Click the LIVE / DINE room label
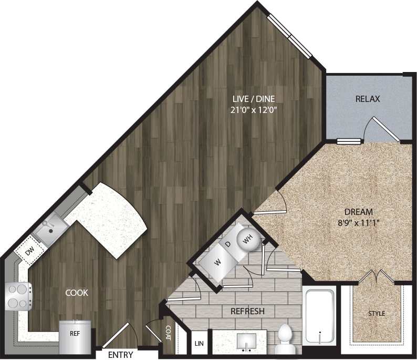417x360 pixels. (x=254, y=98)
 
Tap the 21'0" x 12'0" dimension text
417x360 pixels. (x=254, y=110)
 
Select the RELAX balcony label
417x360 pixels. (x=367, y=98)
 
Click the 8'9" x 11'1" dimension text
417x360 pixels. (x=359, y=222)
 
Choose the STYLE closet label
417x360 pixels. (x=376, y=314)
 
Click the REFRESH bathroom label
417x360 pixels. (x=247, y=311)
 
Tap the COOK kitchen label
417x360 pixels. (x=77, y=293)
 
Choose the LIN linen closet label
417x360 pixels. (x=199, y=344)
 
